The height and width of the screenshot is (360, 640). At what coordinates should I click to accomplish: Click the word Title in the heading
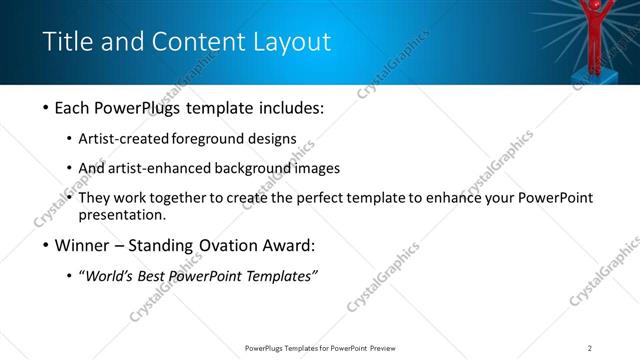67,41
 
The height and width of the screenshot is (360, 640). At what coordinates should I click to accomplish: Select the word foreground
212,139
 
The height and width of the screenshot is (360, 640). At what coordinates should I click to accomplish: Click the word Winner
84,246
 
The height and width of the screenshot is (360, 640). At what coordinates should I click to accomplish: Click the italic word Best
156,276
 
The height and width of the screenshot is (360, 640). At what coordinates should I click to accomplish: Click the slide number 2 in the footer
590,348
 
